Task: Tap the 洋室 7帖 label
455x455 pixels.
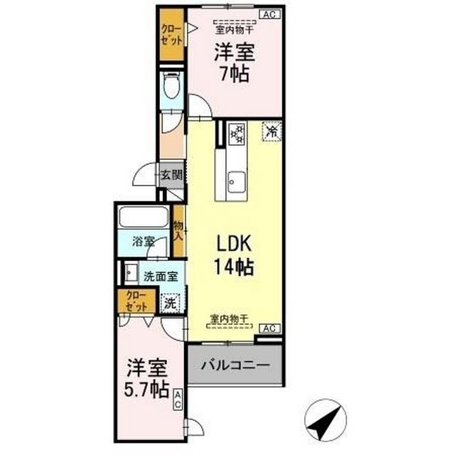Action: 232,63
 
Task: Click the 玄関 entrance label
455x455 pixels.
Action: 171,174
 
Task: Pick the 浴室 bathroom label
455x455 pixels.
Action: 143,241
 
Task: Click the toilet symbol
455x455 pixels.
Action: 171,88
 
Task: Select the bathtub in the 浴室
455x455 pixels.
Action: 143,217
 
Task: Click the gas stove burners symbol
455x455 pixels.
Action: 237,132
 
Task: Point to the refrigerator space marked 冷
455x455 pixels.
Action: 271,132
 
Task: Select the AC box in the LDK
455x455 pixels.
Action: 269,327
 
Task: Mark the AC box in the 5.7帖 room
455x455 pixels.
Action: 177,400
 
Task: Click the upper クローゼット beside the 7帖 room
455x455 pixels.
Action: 171,33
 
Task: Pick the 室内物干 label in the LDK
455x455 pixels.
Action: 228,319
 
